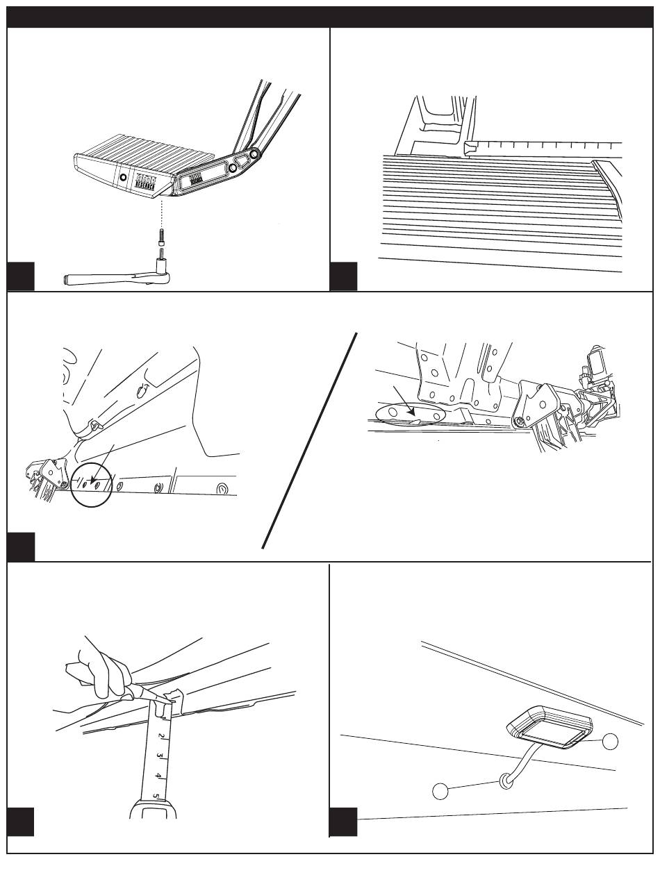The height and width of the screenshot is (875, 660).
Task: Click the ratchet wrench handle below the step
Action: click(x=104, y=279)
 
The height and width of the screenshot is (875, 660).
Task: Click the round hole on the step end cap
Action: click(x=124, y=178)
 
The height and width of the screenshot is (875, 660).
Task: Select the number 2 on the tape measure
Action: click(x=161, y=735)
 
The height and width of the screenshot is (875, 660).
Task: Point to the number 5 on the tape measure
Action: click(x=156, y=797)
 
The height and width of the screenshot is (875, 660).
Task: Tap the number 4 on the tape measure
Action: click(x=158, y=775)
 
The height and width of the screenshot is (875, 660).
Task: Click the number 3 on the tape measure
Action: click(x=159, y=755)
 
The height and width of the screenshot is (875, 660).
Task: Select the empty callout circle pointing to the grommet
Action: click(x=441, y=790)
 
